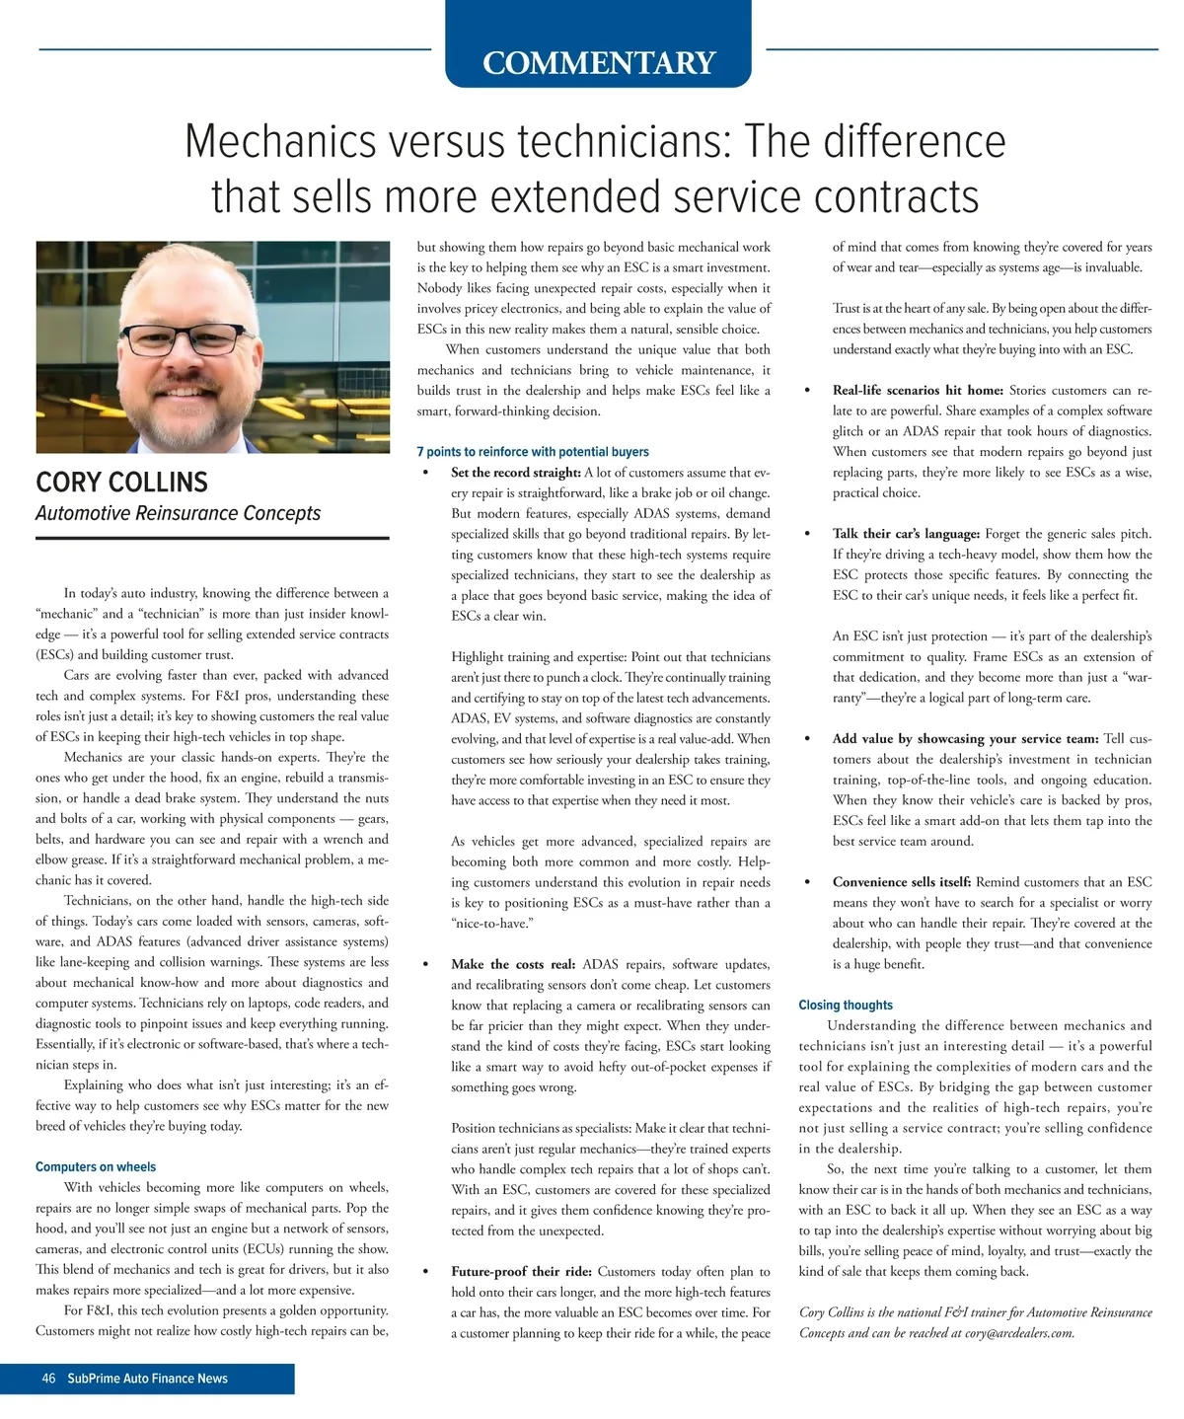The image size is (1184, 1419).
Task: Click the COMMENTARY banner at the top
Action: click(598, 62)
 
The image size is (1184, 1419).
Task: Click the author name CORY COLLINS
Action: click(122, 483)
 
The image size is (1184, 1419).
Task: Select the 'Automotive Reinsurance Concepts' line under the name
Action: click(178, 513)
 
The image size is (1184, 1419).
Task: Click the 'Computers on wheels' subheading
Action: click(96, 1166)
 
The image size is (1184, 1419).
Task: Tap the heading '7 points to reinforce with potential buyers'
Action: click(533, 452)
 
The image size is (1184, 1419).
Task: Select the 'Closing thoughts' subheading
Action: click(846, 1005)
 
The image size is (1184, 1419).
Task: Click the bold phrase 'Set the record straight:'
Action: click(515, 473)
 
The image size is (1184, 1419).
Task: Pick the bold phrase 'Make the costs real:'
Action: click(514, 964)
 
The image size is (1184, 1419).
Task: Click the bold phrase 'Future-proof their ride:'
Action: click(521, 1271)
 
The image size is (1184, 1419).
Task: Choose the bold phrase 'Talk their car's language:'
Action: click(906, 534)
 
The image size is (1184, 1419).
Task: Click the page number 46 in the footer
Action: click(48, 1379)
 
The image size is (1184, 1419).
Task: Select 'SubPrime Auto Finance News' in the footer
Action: click(147, 1379)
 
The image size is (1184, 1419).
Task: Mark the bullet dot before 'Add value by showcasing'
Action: click(809, 739)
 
